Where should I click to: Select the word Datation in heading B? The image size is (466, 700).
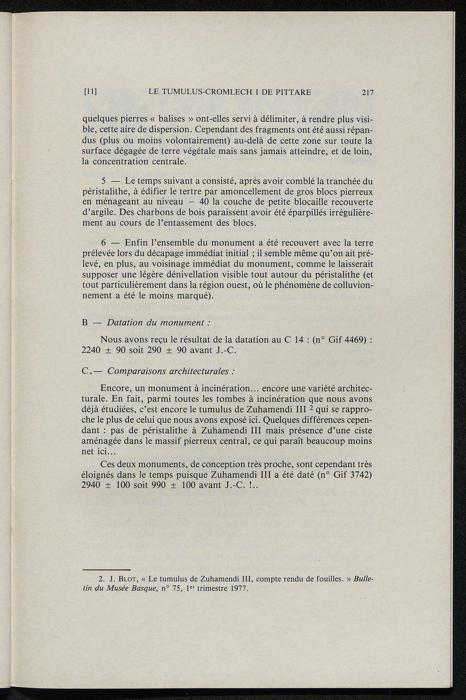[125, 323]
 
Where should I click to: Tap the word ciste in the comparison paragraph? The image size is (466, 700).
[362, 431]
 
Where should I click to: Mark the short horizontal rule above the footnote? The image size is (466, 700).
[106, 570]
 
